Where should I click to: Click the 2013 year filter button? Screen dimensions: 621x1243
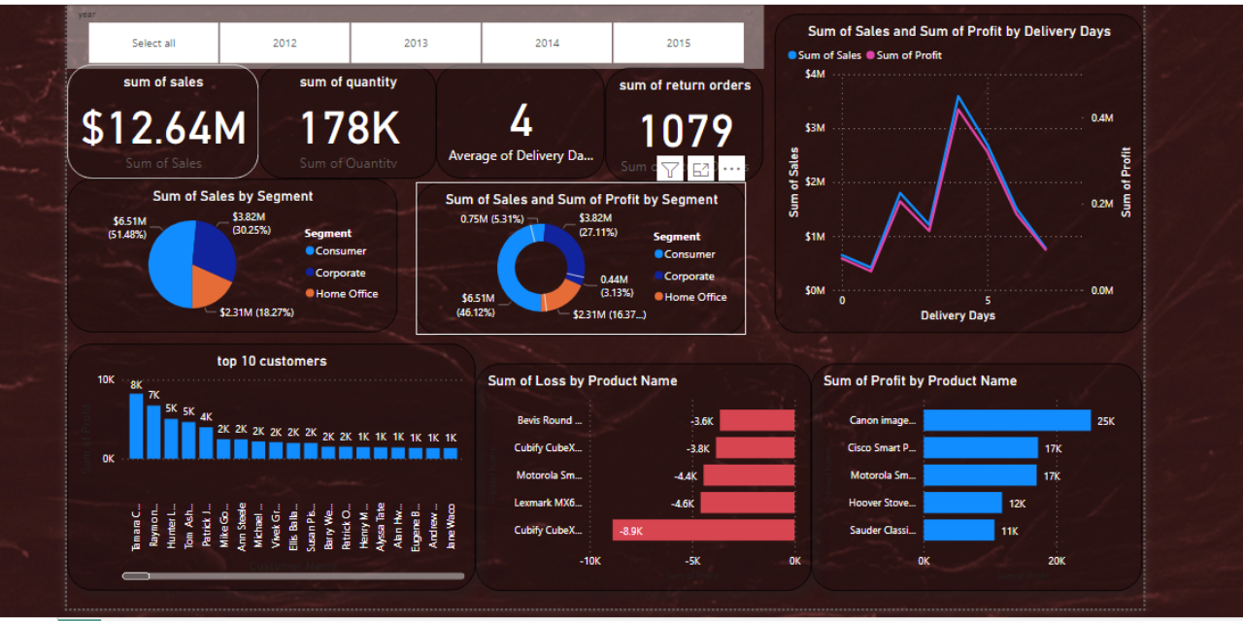click(416, 43)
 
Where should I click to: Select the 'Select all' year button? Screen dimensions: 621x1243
click(153, 43)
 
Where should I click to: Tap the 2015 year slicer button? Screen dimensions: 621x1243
click(678, 43)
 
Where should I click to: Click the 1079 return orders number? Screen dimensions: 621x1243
click(686, 131)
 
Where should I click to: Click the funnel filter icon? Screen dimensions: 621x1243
click(670, 170)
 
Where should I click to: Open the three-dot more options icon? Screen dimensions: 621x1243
click(731, 170)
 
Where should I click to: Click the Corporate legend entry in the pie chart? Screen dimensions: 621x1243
click(340, 273)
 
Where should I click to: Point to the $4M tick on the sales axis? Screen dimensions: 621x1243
click(815, 75)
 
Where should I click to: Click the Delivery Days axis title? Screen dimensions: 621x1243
click(957, 315)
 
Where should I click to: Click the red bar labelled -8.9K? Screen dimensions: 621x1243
click(703, 530)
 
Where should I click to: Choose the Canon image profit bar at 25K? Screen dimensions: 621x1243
click(1006, 420)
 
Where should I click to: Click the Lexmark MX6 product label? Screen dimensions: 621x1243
click(549, 503)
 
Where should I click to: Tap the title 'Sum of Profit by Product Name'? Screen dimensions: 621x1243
click(920, 380)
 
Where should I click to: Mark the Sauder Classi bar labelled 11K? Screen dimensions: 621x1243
click(958, 530)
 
